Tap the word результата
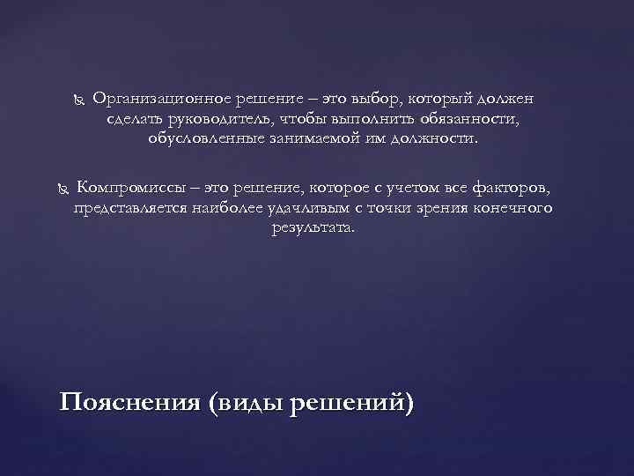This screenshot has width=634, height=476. (312, 227)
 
